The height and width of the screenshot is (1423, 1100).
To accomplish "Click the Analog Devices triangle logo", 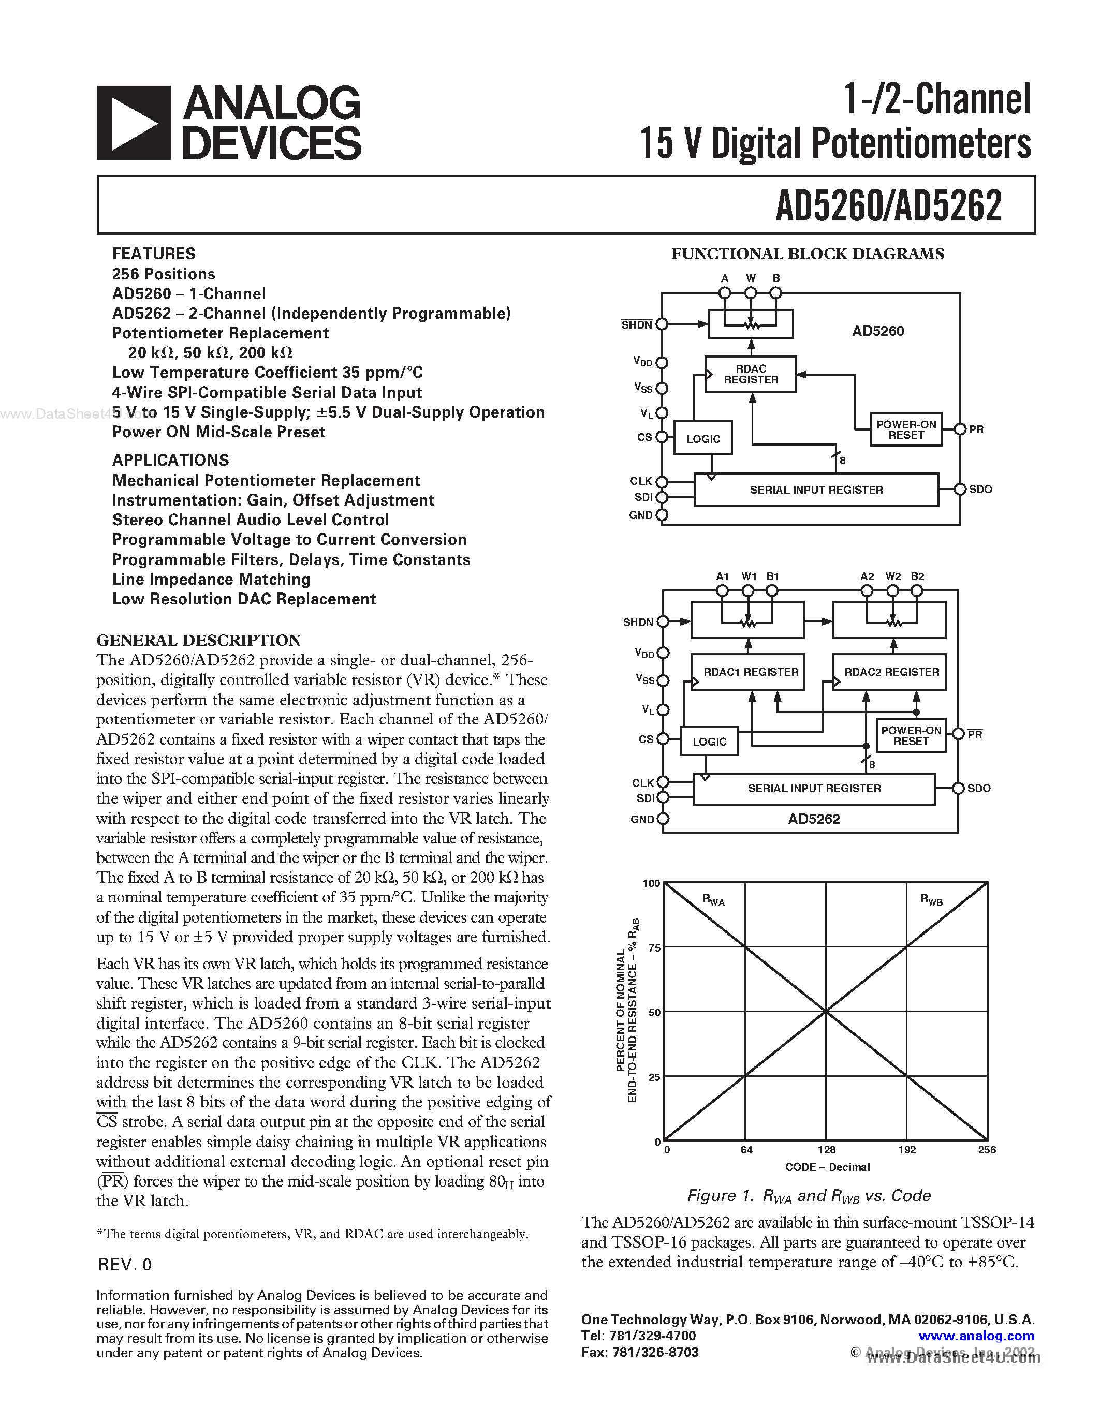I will [134, 123].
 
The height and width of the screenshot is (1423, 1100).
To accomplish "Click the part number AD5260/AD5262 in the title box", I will [888, 206].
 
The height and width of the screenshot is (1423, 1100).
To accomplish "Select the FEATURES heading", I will [154, 254].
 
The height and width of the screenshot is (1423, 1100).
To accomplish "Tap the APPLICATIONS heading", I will [171, 460].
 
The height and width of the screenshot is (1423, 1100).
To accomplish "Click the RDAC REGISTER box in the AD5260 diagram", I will [751, 374].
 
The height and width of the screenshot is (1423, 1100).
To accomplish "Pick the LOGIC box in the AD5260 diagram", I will [703, 438].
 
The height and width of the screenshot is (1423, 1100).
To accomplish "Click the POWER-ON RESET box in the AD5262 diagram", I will [911, 736].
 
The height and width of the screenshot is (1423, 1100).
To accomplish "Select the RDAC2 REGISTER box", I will [891, 672].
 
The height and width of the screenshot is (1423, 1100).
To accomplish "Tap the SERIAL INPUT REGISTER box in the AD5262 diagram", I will [814, 789].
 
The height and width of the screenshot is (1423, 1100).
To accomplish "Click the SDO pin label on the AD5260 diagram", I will [981, 490].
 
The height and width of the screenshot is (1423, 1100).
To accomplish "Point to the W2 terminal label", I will [893, 576].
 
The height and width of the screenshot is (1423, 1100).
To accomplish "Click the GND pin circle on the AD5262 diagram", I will [663, 819].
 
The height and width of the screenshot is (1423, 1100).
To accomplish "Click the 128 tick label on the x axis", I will [826, 1149].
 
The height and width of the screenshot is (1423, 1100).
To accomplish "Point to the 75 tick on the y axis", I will [654, 947].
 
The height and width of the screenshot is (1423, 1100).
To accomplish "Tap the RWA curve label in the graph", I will [713, 900].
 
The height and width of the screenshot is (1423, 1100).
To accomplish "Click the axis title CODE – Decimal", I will [828, 1167].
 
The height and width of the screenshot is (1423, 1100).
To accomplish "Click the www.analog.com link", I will [976, 1336].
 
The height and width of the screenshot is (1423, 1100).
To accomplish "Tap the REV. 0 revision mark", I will [124, 1265].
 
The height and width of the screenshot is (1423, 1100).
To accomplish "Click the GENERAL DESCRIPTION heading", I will [199, 640].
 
